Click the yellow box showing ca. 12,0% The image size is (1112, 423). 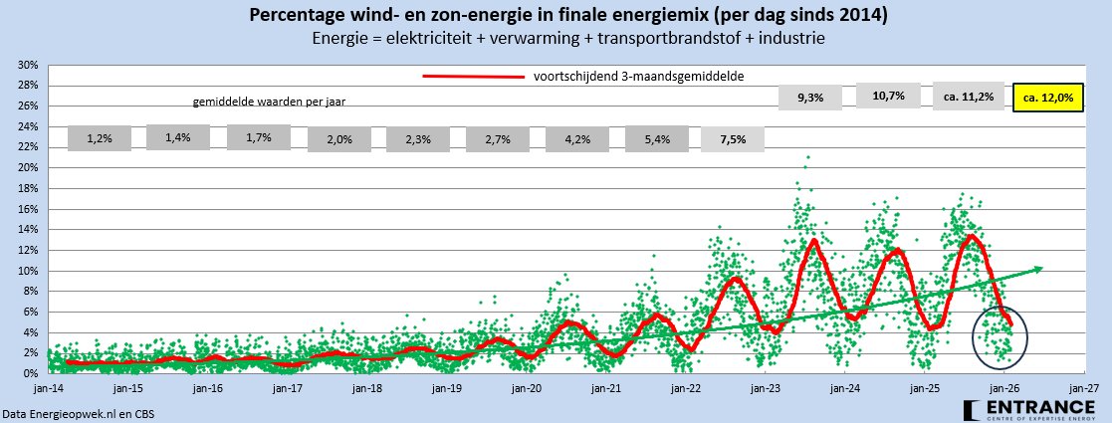coord(1047,99)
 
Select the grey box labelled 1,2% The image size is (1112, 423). coord(100,138)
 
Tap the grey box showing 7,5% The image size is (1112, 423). coord(734,138)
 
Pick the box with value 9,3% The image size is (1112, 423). coord(811,97)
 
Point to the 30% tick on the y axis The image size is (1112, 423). coord(28,65)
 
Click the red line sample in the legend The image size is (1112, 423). coord(473,77)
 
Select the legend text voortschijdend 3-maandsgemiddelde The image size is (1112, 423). coord(639,76)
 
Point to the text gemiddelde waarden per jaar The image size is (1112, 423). coord(269,102)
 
